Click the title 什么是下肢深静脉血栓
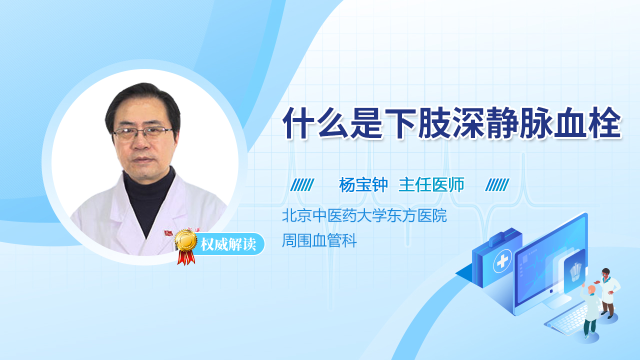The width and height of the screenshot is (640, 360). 451,122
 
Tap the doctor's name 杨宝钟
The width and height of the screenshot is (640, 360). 363,185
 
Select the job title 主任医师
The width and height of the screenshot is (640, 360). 431,185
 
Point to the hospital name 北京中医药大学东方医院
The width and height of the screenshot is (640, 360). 364,216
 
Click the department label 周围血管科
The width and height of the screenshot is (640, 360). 319,241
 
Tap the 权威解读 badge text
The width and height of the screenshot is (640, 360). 228,245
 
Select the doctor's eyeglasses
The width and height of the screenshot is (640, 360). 142,133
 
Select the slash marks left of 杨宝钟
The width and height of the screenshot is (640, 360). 302,185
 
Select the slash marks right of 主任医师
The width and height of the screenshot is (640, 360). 497,185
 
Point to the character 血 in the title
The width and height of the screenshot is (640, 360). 571,122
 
